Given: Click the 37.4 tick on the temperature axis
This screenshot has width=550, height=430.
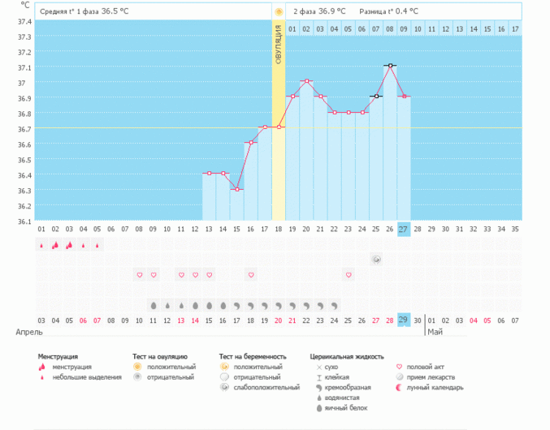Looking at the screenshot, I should [x=24, y=21].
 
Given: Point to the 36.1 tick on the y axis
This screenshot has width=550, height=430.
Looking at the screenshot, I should [x=24, y=221].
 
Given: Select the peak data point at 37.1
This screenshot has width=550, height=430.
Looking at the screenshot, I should [x=390, y=66].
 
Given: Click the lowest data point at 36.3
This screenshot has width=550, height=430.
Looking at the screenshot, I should [x=236, y=189].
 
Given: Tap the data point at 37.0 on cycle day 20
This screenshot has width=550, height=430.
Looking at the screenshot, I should [x=306, y=81].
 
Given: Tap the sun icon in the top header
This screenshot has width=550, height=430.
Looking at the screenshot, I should [x=279, y=11].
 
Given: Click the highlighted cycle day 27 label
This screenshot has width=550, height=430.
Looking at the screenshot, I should [x=404, y=230].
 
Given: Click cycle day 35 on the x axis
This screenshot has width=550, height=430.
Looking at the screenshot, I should [x=515, y=230].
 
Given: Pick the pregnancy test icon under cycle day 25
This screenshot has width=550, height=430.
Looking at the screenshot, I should [x=376, y=259].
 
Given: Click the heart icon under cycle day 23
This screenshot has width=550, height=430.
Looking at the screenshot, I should [x=349, y=275].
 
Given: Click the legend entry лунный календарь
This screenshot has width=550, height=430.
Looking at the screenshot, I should [x=435, y=388].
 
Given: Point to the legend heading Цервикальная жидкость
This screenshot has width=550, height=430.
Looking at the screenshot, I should [x=347, y=356].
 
